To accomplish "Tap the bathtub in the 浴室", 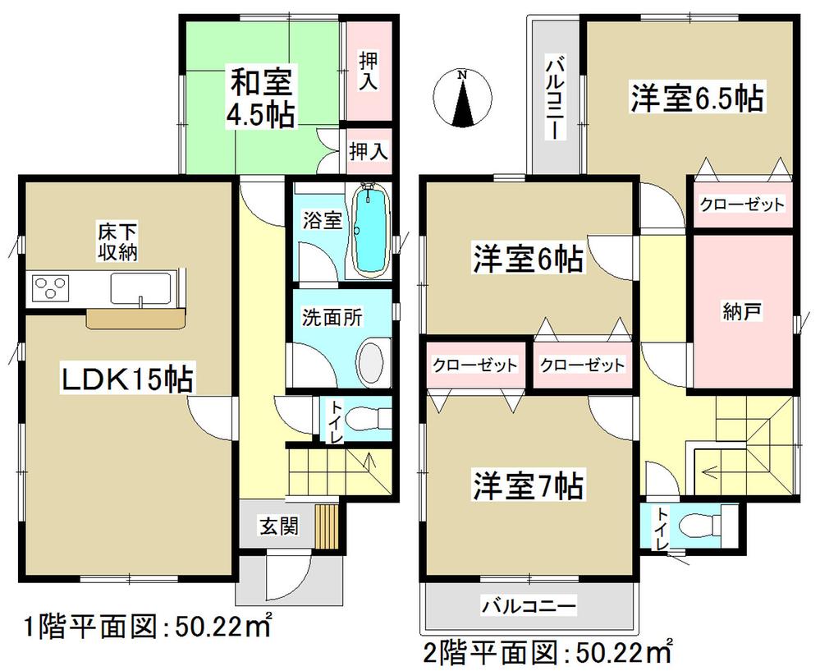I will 370,230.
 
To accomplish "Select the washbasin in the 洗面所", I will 372,361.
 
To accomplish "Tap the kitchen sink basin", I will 140,289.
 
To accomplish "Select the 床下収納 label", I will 108,244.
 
